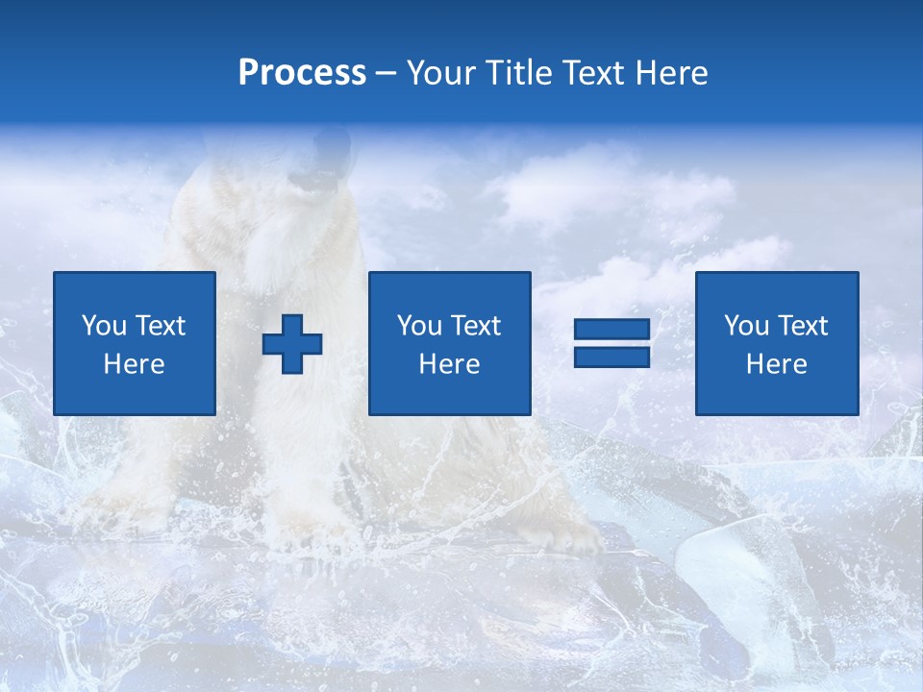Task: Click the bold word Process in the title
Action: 302,73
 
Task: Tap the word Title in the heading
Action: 521,73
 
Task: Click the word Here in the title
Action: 674,73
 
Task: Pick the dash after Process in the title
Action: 387,74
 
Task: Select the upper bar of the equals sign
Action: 611,330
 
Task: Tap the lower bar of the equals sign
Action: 611,357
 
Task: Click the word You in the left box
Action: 104,326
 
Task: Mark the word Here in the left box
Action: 134,364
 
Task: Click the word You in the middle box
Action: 419,326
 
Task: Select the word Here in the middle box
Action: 449,364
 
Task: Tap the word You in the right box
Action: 746,326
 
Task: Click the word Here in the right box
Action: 776,364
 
